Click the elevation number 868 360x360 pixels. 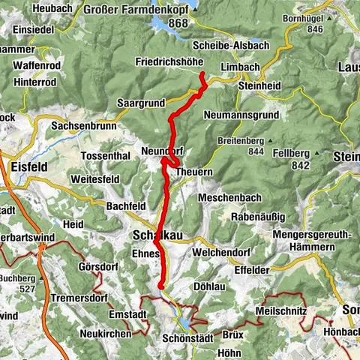click(x=178, y=23)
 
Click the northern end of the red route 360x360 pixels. click(x=202, y=73)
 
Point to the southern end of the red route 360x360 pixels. click(x=161, y=286)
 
